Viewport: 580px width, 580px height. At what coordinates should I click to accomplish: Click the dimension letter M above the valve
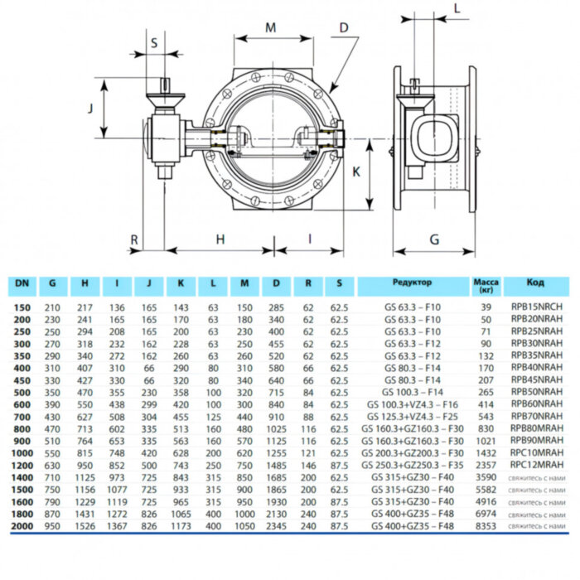[271, 27]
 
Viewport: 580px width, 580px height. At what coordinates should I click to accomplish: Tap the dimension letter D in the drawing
[343, 28]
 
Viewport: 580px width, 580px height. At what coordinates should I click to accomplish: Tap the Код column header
[536, 284]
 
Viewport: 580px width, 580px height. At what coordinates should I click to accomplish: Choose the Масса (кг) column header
[486, 287]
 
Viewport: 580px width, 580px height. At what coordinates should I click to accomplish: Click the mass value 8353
[486, 526]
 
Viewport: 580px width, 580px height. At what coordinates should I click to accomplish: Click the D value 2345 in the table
[276, 526]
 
